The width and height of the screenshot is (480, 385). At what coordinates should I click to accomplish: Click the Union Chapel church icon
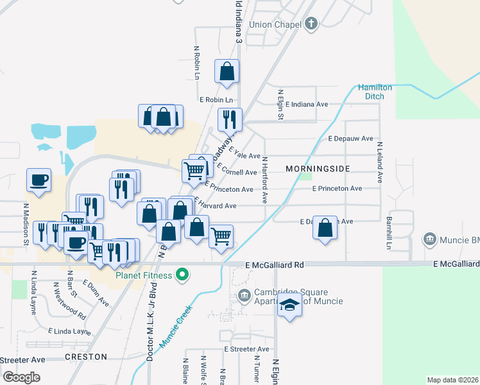[x=311, y=24]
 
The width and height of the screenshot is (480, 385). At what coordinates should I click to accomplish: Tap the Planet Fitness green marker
[x=182, y=275]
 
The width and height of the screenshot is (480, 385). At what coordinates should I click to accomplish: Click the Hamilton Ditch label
[x=371, y=91]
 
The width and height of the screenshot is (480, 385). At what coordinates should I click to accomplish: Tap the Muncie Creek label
[x=171, y=327]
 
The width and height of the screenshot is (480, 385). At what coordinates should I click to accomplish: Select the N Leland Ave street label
[x=380, y=163]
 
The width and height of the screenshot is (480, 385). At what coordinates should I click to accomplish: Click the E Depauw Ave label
[x=350, y=138]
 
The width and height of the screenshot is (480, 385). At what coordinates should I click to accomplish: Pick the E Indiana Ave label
[x=307, y=104]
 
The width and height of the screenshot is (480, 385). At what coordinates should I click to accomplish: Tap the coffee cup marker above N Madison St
[x=39, y=180]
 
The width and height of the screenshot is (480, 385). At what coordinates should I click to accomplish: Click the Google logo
[x=21, y=377]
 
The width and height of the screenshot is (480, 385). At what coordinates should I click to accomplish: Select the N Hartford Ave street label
[x=264, y=179]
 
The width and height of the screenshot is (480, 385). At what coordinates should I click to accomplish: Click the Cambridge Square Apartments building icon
[x=244, y=296]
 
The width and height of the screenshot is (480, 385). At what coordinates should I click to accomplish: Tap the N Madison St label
[x=26, y=225]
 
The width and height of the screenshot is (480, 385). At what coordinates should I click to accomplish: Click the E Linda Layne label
[x=70, y=331]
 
